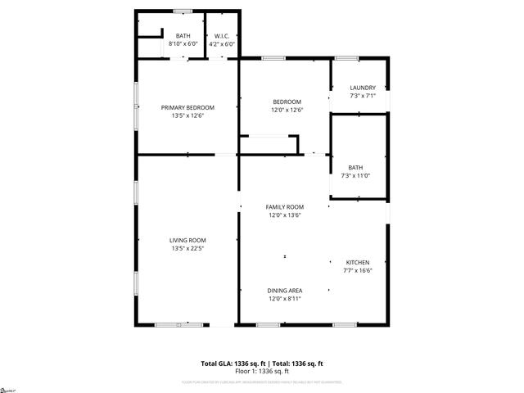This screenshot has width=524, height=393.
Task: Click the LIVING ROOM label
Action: click(x=187, y=240)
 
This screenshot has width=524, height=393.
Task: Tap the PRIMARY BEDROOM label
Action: click(x=187, y=107)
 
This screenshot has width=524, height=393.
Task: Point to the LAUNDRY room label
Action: click(x=362, y=88)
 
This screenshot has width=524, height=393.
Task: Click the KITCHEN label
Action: click(x=357, y=262)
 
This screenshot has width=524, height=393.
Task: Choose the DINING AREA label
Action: click(x=285, y=291)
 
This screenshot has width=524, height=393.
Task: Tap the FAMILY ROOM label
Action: click(x=285, y=207)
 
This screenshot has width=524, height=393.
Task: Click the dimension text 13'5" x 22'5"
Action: click(x=187, y=248)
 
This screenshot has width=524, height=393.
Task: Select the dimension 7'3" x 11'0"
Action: click(x=355, y=175)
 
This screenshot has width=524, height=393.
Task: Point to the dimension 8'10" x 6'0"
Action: click(x=183, y=43)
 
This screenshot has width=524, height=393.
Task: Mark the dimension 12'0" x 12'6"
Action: click(x=287, y=110)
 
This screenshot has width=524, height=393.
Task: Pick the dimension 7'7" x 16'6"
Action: click(x=357, y=270)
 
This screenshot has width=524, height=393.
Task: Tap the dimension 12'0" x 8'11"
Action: click(x=285, y=299)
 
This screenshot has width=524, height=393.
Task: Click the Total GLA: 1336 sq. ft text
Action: click(x=232, y=363)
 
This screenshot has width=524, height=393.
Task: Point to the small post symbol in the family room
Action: click(x=285, y=257)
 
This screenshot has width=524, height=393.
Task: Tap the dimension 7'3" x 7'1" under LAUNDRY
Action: click(x=362, y=96)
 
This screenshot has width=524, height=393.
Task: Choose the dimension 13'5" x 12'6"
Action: click(x=187, y=115)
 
